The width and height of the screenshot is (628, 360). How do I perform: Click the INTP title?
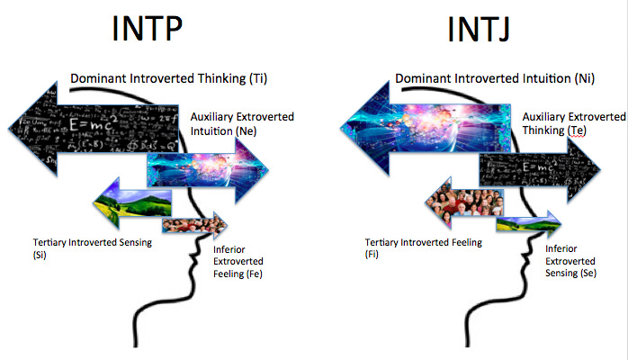(147, 28)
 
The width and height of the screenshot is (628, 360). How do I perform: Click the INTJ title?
(479, 29)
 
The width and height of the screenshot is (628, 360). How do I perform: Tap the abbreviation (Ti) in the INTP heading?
(258, 78)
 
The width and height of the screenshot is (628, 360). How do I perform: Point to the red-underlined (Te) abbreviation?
(577, 130)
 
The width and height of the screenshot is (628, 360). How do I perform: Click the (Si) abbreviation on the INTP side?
(40, 255)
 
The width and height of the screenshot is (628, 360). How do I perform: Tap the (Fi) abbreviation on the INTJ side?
(372, 255)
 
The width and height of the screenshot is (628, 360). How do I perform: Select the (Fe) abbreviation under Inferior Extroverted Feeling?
(254, 274)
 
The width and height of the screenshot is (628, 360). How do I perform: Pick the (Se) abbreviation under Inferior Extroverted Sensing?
(588, 273)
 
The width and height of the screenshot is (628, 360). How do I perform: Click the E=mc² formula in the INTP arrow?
(94, 123)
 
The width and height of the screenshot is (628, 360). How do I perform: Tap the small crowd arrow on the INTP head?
(194, 225)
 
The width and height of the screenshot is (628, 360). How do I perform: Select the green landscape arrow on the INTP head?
(132, 203)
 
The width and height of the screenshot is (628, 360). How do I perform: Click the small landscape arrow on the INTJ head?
(529, 224)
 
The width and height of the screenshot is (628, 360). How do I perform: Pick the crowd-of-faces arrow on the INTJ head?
(464, 202)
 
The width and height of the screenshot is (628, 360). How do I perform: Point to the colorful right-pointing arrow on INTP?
(208, 171)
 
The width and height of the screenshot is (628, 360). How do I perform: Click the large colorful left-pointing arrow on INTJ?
(426, 128)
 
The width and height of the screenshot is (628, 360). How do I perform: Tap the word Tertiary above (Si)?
(49, 243)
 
